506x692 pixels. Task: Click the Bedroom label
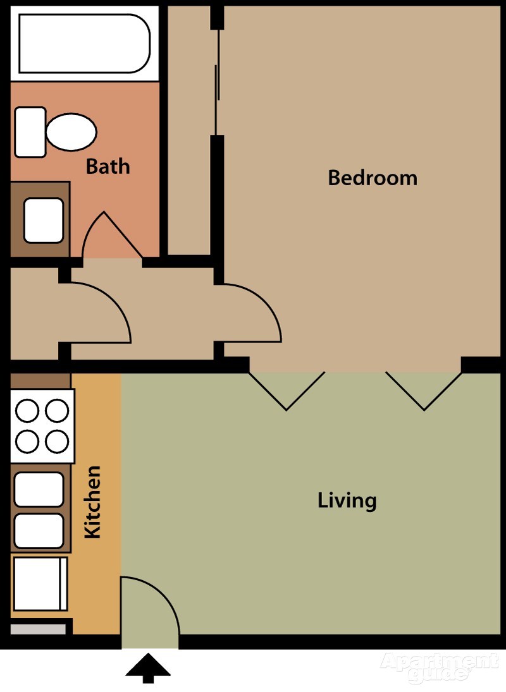(373, 178)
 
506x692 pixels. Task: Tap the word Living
(347, 501)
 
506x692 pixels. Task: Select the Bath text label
(108, 166)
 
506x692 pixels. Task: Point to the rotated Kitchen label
(93, 502)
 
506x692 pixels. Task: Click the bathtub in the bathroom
(84, 43)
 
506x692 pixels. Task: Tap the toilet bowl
(71, 131)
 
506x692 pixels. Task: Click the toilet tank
(30, 132)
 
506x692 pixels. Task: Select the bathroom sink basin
(43, 220)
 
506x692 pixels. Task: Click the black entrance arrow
(148, 668)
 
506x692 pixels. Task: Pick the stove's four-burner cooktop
(42, 426)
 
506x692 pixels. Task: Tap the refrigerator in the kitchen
(40, 583)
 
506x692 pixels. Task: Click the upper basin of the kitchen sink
(39, 489)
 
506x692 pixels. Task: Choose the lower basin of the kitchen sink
(39, 530)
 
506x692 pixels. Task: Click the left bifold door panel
(287, 391)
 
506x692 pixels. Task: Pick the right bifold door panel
(424, 391)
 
